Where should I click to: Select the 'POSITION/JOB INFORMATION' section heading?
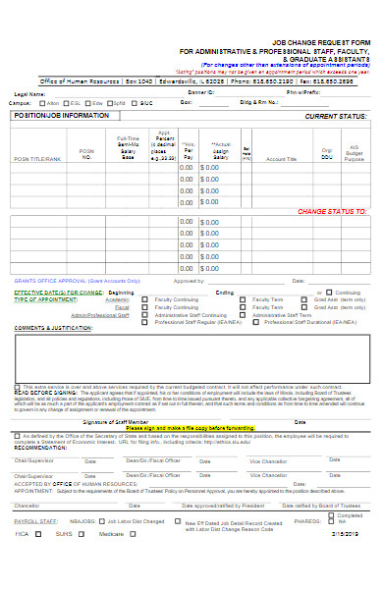coord(61,116)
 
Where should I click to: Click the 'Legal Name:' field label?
coord(30,93)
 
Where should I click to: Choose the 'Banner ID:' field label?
coord(200,93)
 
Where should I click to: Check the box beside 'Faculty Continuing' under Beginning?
coord(145,299)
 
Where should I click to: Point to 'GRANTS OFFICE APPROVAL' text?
coord(50,281)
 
